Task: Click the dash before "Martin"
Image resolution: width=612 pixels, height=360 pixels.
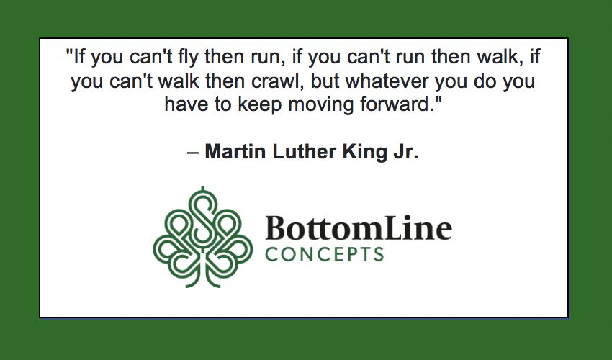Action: tap(192, 153)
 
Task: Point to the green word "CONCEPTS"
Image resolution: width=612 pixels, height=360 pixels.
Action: tap(324, 254)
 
